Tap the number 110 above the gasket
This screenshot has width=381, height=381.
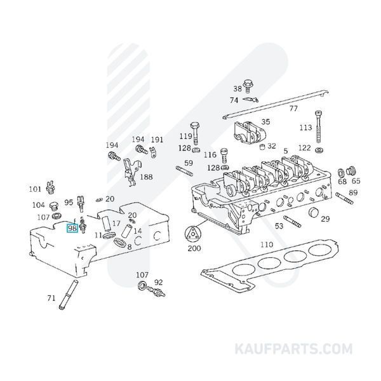267,244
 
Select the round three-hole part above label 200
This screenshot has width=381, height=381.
192,234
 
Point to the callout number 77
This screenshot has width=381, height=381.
293,109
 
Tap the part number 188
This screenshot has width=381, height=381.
146,177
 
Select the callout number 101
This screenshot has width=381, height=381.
34,189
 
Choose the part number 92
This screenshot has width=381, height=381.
159,283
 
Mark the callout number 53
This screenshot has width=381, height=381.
279,226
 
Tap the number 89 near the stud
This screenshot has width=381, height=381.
354,192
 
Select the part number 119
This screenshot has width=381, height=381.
185,137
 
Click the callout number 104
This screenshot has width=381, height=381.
39,205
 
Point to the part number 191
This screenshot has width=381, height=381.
157,140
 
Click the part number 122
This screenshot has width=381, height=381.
305,147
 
